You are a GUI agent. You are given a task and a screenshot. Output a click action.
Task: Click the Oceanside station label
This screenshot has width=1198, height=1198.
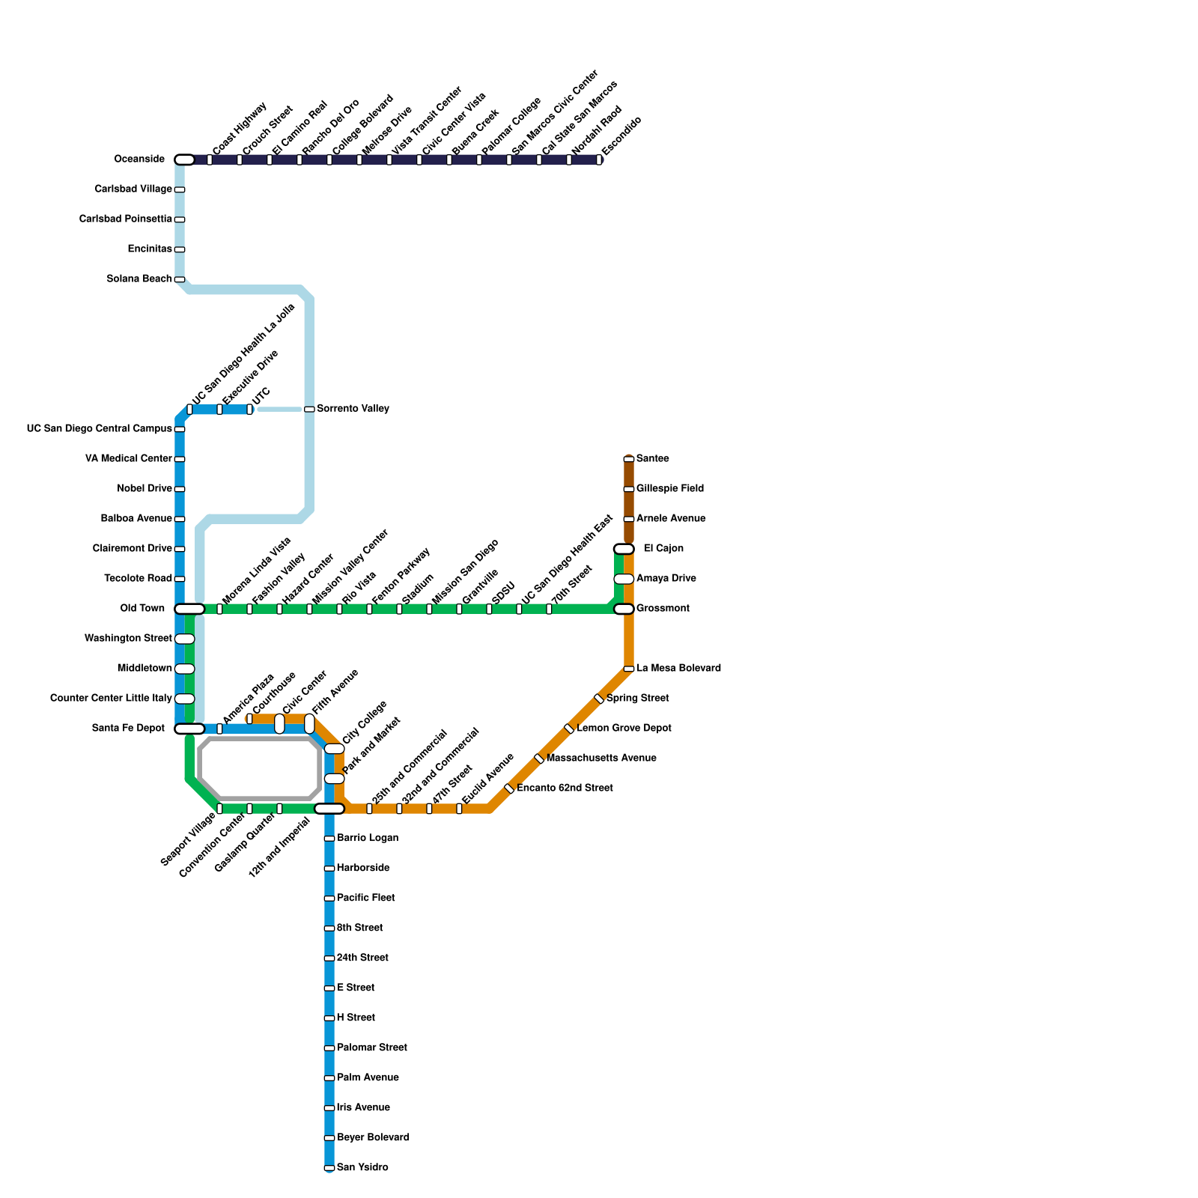click(139, 159)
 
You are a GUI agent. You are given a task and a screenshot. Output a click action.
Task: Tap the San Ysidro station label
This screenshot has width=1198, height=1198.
click(362, 1167)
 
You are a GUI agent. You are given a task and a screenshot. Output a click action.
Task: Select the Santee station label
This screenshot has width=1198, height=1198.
click(653, 459)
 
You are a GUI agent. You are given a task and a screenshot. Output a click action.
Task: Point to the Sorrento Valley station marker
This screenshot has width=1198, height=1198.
click(309, 409)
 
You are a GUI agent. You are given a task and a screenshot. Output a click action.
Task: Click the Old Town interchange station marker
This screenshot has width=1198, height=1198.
click(189, 609)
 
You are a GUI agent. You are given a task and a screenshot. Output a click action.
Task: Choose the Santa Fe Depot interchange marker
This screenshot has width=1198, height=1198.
click(189, 729)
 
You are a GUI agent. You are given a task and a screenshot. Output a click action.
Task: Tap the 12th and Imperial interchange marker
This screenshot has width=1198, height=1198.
click(329, 809)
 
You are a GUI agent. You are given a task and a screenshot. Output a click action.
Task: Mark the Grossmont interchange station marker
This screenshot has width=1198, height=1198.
click(624, 609)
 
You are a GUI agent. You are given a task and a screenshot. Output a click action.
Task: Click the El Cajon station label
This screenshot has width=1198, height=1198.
click(663, 549)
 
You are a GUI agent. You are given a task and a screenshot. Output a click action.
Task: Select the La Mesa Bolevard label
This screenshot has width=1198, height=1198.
click(678, 669)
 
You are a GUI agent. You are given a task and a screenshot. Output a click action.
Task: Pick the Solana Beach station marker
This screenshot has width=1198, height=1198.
click(180, 279)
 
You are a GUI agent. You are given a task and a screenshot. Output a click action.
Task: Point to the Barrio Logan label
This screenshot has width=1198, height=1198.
click(368, 838)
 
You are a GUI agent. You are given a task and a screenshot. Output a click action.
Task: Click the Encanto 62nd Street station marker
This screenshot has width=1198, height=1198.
click(509, 788)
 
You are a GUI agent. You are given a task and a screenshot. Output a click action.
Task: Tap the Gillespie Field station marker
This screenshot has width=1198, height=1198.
click(629, 489)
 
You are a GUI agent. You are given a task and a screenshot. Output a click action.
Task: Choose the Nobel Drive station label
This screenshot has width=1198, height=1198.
click(145, 489)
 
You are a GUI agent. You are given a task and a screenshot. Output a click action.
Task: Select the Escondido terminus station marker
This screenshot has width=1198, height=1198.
click(599, 159)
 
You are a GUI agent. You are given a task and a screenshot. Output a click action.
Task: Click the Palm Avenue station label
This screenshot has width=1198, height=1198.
click(368, 1077)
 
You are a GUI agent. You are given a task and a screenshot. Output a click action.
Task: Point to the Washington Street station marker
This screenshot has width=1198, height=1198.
click(185, 639)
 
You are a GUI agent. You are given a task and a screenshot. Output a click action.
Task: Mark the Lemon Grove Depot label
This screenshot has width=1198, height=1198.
click(624, 729)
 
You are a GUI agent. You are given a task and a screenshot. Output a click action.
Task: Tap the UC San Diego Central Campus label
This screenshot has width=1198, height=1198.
click(99, 429)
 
